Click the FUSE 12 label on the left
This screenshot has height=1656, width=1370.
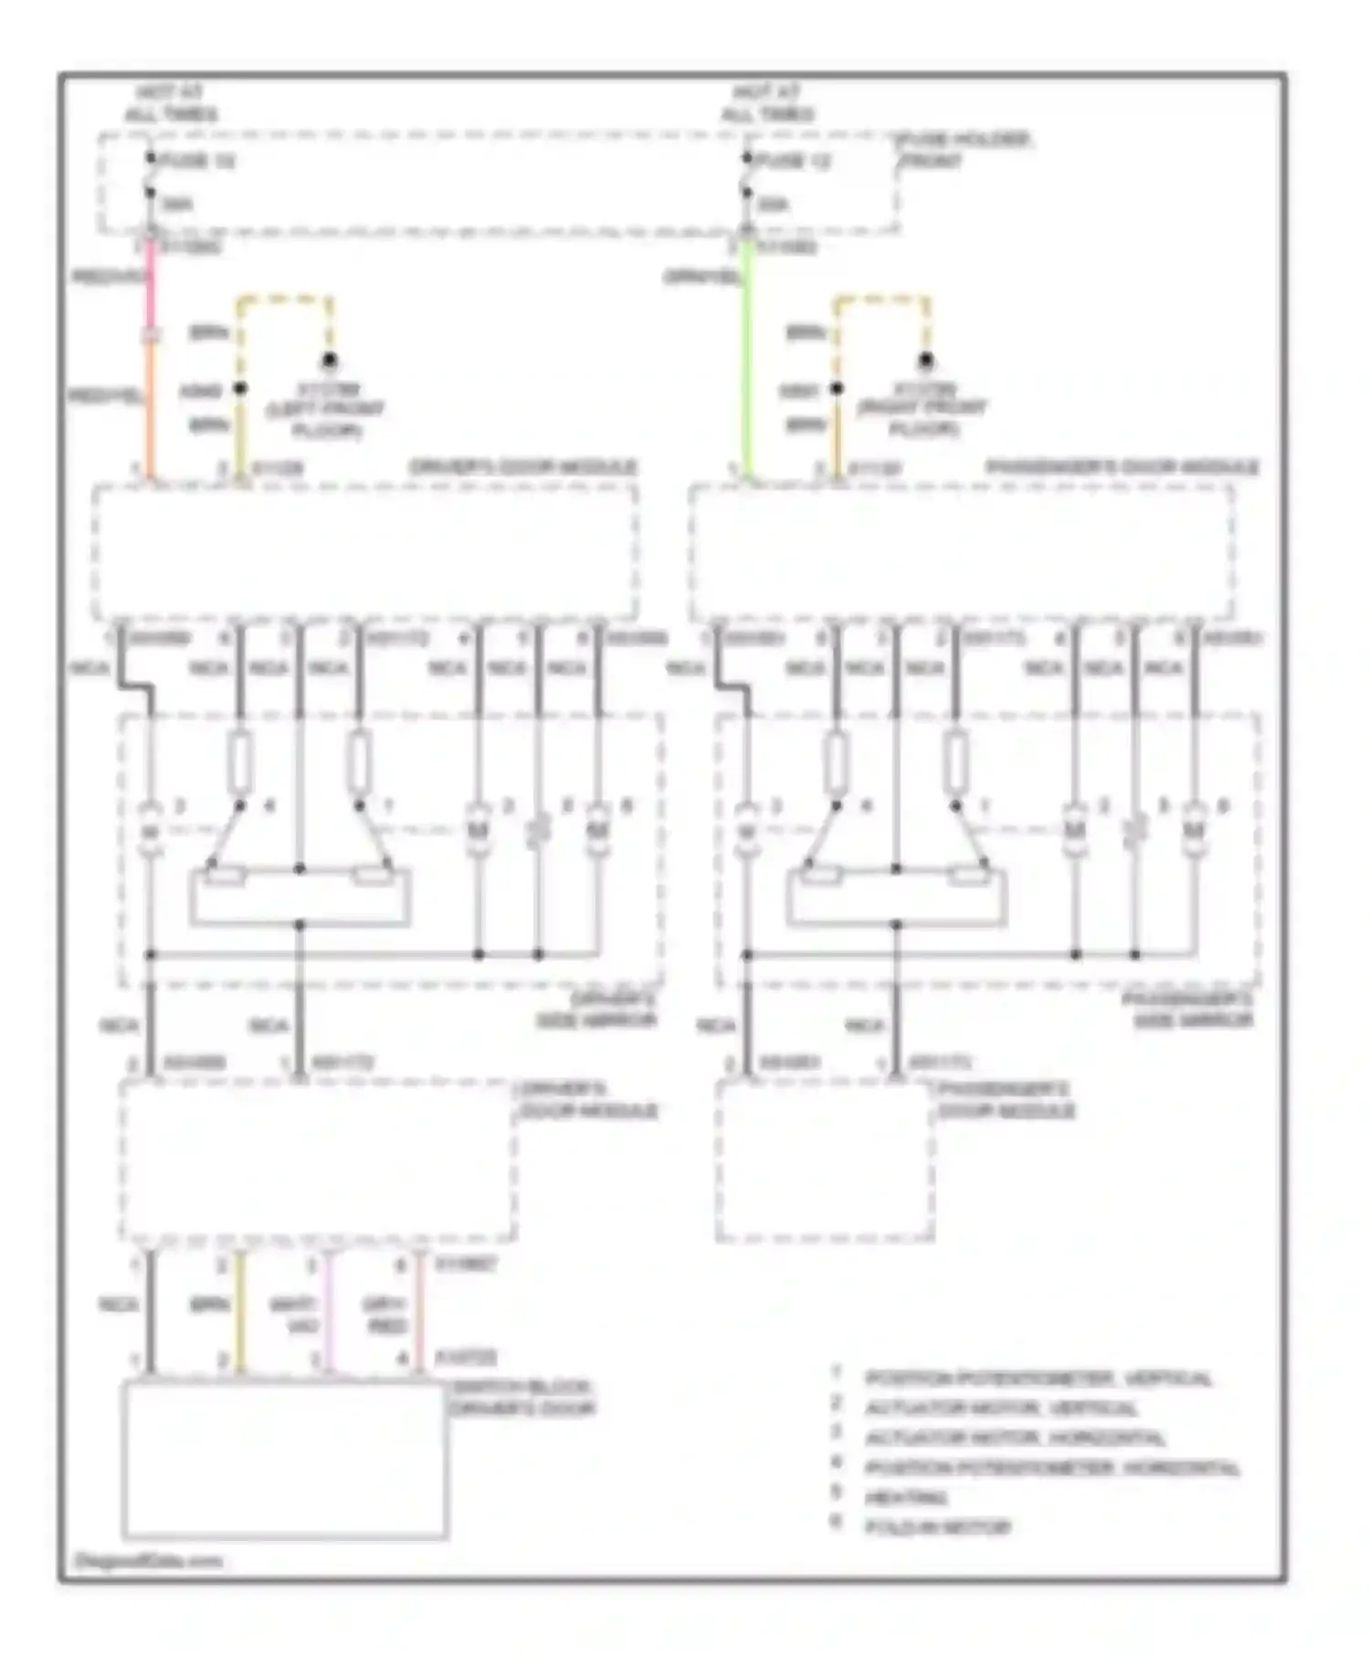coord(197,161)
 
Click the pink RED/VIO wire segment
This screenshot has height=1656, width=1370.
coord(152,283)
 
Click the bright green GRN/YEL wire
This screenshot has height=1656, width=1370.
coord(748,365)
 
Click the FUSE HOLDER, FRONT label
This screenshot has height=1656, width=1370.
coord(964,150)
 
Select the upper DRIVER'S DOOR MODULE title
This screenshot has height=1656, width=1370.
coord(522,467)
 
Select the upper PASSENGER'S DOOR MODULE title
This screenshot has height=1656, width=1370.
coord(1122,467)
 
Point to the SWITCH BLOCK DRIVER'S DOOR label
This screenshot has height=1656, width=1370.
coord(522,1398)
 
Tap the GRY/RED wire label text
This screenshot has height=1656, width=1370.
coord(385,1315)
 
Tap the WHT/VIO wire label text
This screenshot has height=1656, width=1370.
coord(294,1315)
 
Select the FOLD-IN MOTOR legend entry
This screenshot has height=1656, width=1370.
coord(937,1526)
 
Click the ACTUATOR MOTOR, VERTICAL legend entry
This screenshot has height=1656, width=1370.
coord(1001,1409)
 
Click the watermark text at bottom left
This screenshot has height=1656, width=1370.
coord(148,1561)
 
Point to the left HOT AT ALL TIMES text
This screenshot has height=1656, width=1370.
coord(171,103)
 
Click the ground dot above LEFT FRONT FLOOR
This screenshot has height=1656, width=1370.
coord(330,361)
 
